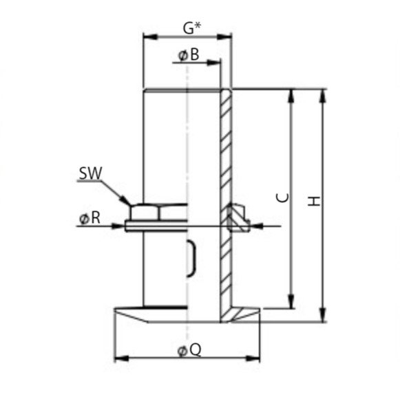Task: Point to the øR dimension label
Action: pos(90,219)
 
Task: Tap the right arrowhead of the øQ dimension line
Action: pos(257,358)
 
